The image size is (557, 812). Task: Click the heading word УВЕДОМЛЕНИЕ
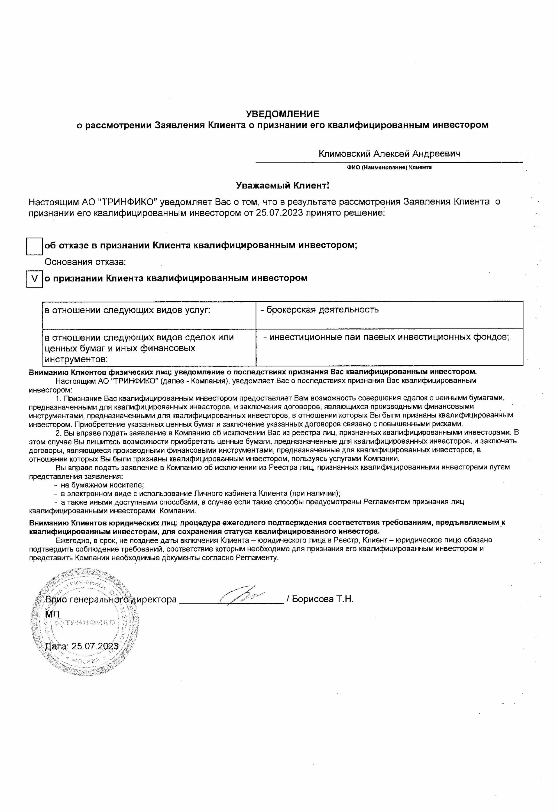click(x=282, y=114)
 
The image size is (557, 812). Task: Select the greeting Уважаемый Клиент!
click(x=282, y=186)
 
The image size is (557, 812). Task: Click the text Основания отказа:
click(x=85, y=262)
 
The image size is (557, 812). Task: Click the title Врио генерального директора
click(x=111, y=599)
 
